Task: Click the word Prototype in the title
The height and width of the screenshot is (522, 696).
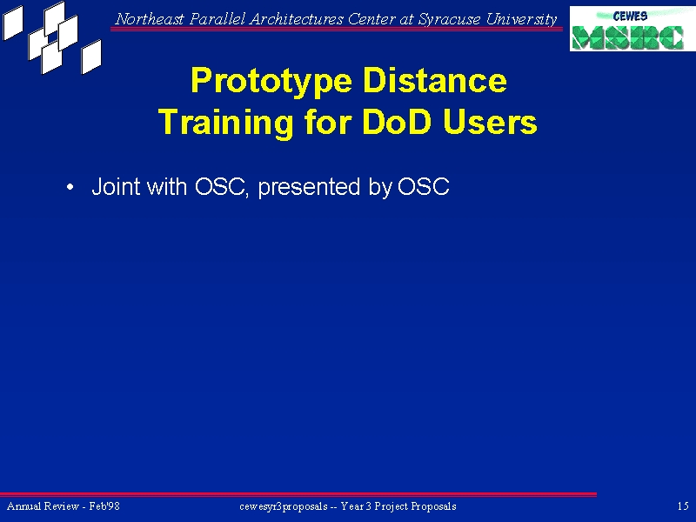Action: pyautogui.click(x=271, y=81)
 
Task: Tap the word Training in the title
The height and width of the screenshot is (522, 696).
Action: pyautogui.click(x=225, y=122)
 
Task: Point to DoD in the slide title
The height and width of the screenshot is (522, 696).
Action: pyautogui.click(x=397, y=121)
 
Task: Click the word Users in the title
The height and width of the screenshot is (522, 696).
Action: pyautogui.click(x=490, y=122)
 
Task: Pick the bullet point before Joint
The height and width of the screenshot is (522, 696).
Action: pyautogui.click(x=70, y=187)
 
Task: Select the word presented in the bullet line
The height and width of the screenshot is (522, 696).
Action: pyautogui.click(x=309, y=187)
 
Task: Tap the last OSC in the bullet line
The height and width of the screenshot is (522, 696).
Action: pyautogui.click(x=424, y=186)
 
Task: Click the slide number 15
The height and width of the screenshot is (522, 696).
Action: pyautogui.click(x=683, y=506)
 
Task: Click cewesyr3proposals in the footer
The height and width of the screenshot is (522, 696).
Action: pyautogui.click(x=284, y=506)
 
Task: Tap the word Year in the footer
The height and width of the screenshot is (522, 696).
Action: pyautogui.click(x=351, y=506)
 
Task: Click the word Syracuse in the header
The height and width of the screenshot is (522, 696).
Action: pyautogui.click(x=449, y=19)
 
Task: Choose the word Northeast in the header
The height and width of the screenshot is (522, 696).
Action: pyautogui.click(x=150, y=19)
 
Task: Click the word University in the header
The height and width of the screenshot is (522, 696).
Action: pyautogui.click(x=521, y=19)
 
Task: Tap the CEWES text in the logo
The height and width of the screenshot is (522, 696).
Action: pyautogui.click(x=630, y=17)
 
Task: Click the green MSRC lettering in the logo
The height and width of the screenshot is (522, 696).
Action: pyautogui.click(x=627, y=37)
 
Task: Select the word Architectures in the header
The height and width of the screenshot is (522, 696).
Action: pyautogui.click(x=296, y=19)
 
